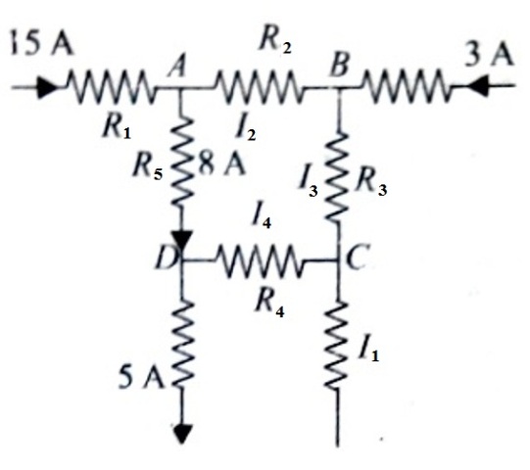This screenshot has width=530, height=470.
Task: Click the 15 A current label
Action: (x=42, y=42)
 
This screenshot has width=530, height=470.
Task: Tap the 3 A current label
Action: (x=489, y=54)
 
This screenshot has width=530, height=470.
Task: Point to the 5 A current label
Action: (x=142, y=377)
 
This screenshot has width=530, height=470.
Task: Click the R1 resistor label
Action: (x=117, y=127)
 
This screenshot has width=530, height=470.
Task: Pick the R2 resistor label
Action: (x=274, y=42)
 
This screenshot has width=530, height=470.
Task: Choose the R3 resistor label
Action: (x=371, y=184)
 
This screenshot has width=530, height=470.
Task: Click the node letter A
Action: (x=178, y=68)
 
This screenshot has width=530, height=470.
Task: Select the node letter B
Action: (x=339, y=65)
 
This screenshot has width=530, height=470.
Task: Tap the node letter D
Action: (x=166, y=258)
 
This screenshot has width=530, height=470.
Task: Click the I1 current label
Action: (x=368, y=350)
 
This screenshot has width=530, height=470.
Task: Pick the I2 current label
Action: (x=246, y=128)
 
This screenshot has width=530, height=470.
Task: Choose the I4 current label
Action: (x=262, y=217)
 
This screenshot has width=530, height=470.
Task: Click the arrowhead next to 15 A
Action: (x=46, y=87)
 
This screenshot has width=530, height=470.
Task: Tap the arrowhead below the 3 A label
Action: (x=477, y=86)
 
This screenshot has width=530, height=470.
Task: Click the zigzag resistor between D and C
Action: (x=260, y=260)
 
